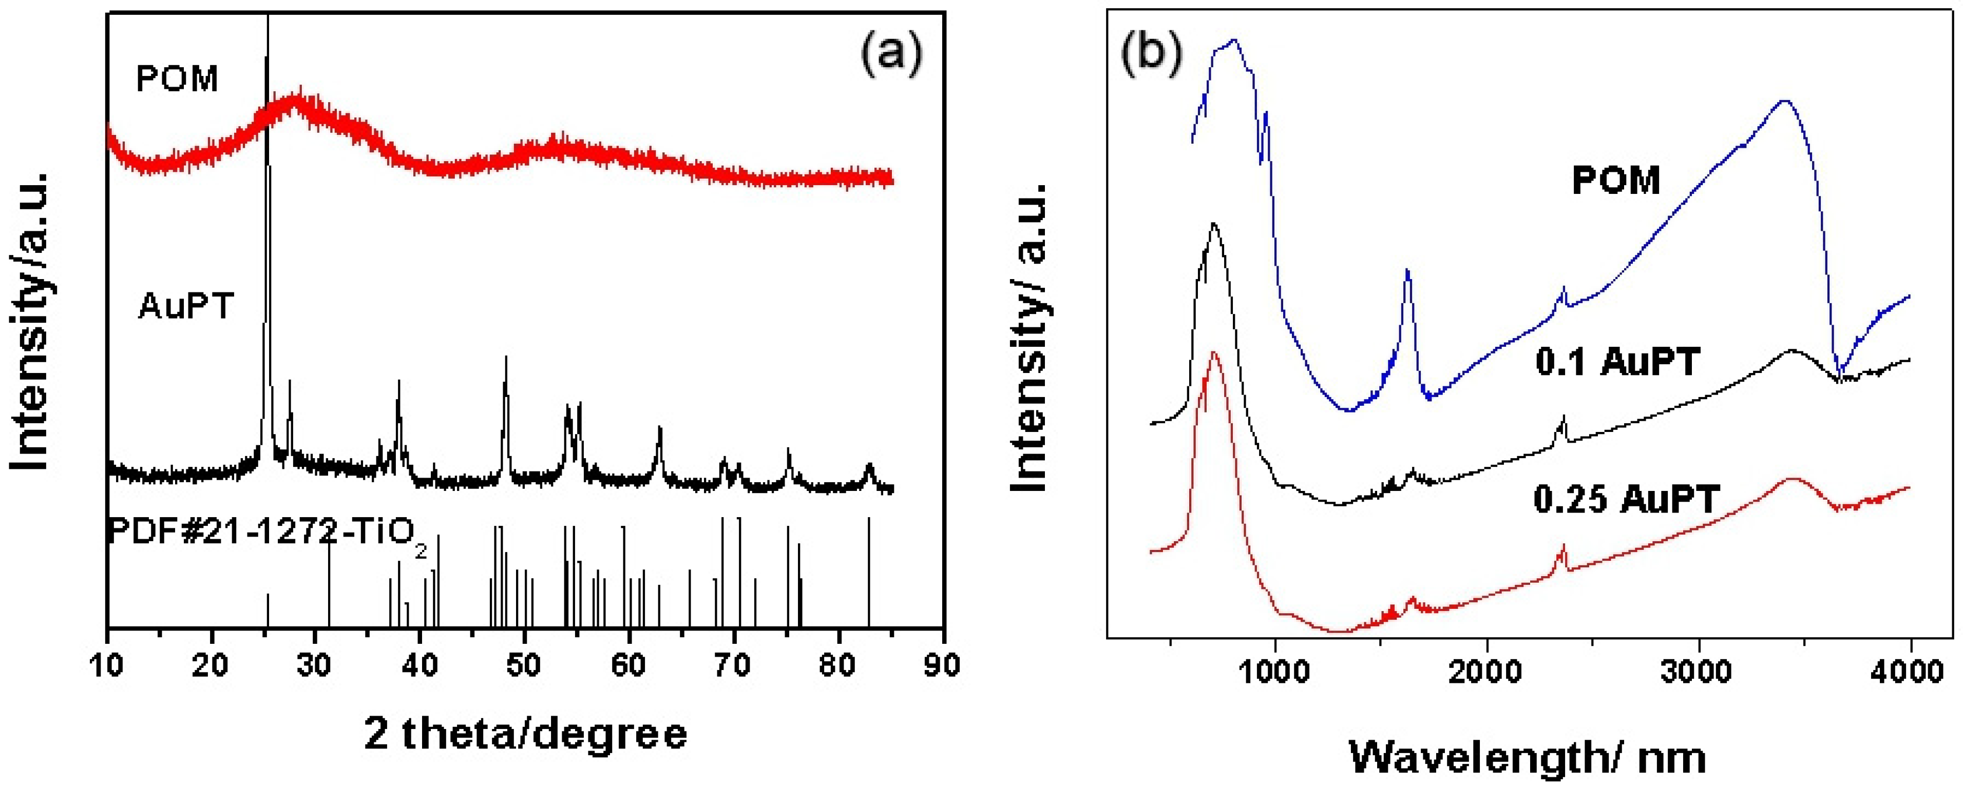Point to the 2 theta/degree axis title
(x=526, y=734)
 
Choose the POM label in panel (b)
(x=1615, y=181)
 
